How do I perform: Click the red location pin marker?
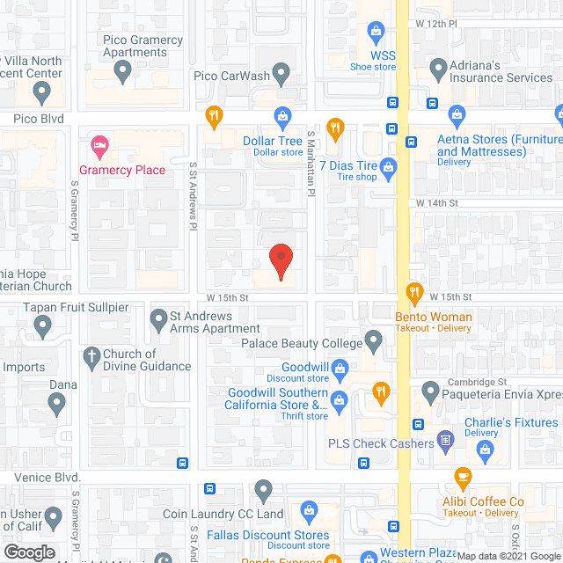[x=281, y=260]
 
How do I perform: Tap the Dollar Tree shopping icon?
[x=282, y=114]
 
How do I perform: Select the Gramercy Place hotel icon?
[x=99, y=143]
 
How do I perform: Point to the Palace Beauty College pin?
[x=374, y=339]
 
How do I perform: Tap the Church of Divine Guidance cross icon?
[x=89, y=356]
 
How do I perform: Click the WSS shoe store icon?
[x=377, y=33]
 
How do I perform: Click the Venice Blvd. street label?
[x=48, y=476]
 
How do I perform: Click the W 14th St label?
[x=438, y=203]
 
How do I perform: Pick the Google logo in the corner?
[x=28, y=552]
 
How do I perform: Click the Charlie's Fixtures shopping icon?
[x=484, y=450]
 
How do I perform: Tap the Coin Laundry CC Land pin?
[x=264, y=489]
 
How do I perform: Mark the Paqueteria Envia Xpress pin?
[x=430, y=389]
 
